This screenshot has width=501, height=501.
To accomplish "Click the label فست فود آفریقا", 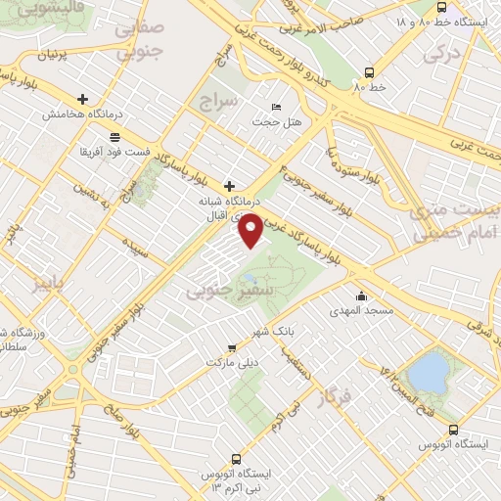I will point(115,152).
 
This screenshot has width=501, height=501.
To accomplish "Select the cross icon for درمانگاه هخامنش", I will point(83,99).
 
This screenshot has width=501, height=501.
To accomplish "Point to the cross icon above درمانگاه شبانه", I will point(230,185).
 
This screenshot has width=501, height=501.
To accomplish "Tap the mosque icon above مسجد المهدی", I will point(362,296).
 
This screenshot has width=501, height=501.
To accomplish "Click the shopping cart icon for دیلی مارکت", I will point(232,346).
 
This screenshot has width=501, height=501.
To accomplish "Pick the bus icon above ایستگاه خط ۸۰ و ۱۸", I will point(441,6).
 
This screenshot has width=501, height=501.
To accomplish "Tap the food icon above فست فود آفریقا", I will point(115,137).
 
